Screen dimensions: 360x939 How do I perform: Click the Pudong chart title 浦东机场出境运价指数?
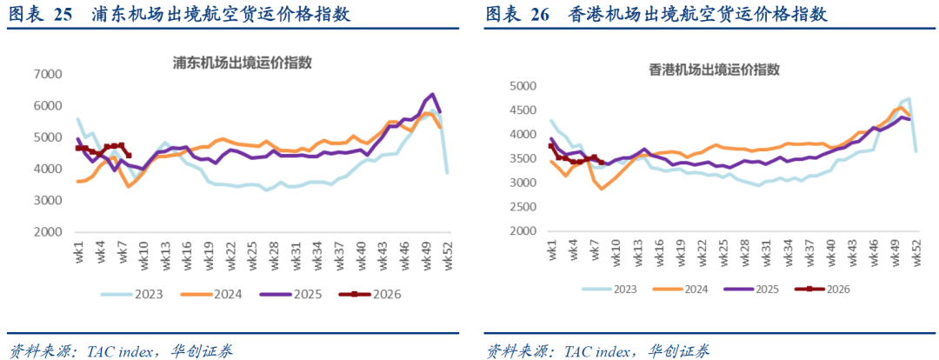click(243, 63)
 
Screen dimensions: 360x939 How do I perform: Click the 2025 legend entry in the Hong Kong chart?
click(760, 290)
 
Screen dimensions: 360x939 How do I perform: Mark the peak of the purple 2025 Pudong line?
click(432, 94)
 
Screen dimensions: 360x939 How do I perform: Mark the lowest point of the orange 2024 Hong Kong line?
click(601, 189)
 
